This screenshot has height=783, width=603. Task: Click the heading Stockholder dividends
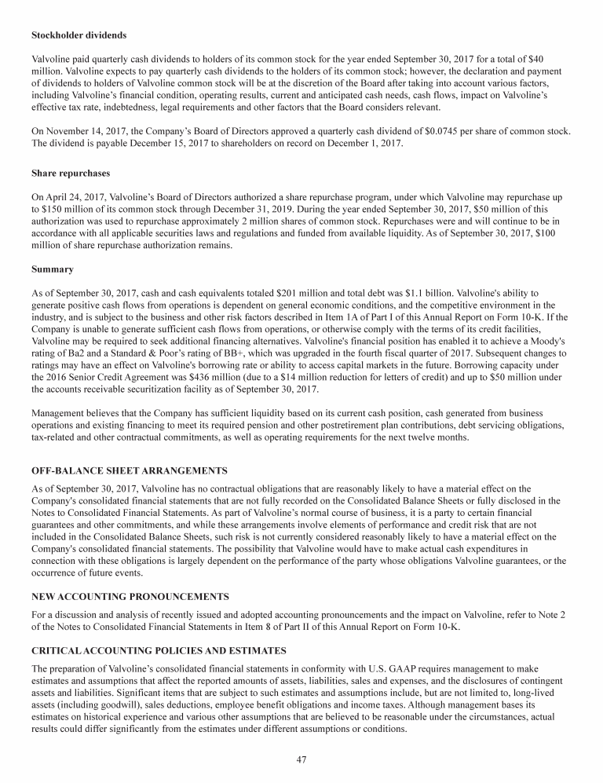point(79,35)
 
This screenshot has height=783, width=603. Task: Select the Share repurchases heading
point(71,173)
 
